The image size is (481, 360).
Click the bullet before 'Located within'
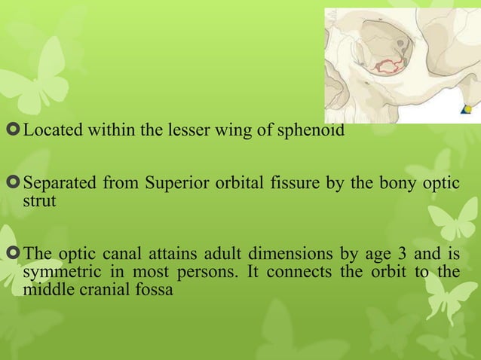click(x=14, y=131)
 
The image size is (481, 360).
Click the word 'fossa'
click(x=153, y=288)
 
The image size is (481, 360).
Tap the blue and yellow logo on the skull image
click(x=467, y=110)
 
